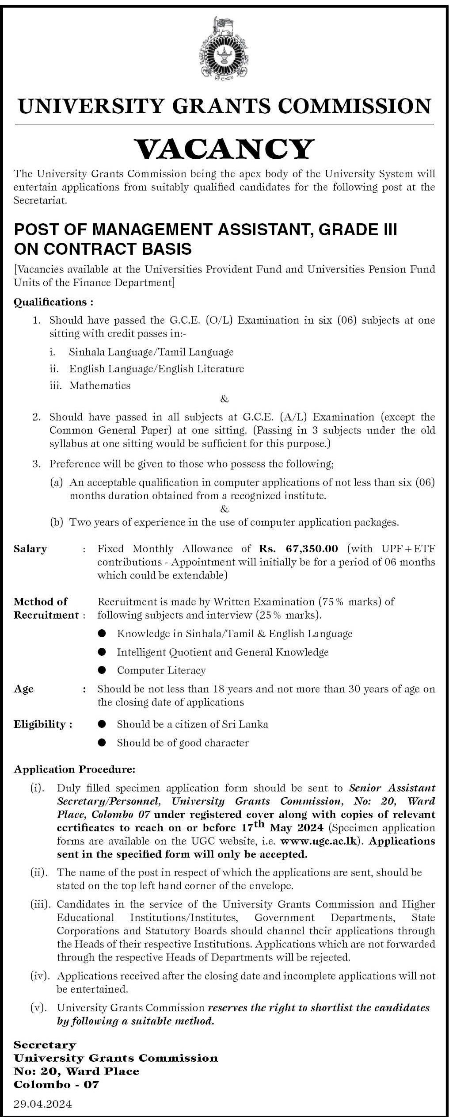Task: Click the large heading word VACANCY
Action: [224, 149]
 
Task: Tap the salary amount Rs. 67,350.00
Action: [298, 549]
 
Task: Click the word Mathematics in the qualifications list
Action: [100, 385]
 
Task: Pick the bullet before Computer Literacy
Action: [102, 670]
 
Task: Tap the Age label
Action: [23, 689]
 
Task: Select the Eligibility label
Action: [43, 724]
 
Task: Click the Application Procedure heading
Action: [75, 770]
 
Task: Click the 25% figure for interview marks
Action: [274, 615]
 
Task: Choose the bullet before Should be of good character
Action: [102, 743]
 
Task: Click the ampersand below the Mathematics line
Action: [224, 400]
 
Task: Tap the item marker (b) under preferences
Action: [57, 523]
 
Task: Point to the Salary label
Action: [30, 549]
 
